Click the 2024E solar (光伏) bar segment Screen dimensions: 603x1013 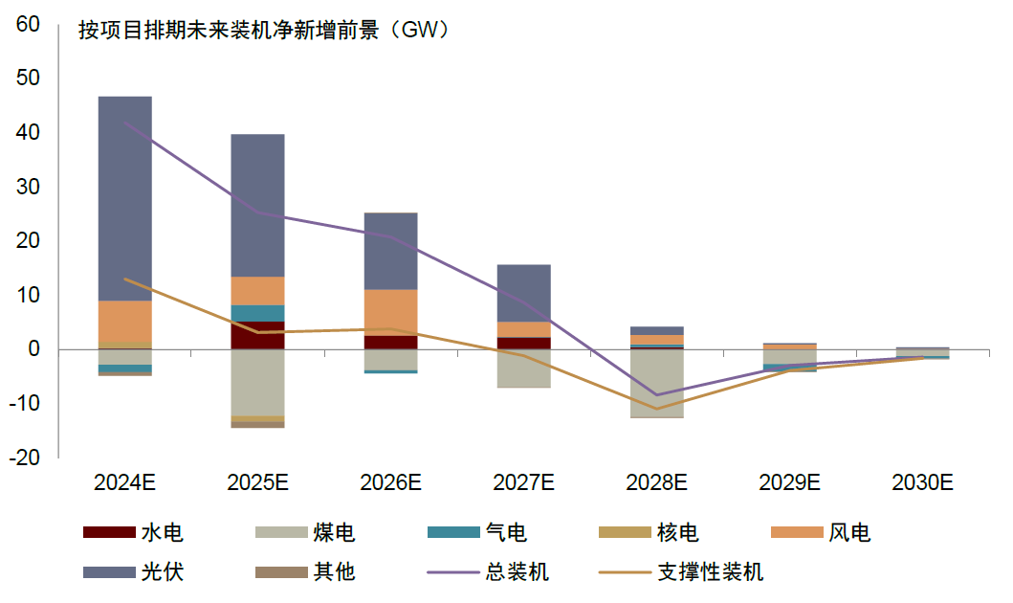pos(125,198)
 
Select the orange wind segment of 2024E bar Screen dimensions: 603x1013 pos(125,322)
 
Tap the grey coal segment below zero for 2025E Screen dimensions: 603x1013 pos(258,382)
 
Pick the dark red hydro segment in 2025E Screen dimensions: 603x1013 pos(258,335)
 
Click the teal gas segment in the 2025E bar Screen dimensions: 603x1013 pos(258,313)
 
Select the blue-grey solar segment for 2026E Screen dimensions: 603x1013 pos(391,251)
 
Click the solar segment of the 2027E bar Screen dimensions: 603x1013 pos(524,293)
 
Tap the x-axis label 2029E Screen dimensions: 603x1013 pos(789,482)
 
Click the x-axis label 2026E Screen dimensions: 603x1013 pos(391,482)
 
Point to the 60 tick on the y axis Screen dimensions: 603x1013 pos(28,24)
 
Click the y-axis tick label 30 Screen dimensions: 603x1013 pos(28,187)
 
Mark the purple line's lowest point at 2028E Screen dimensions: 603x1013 pos(656,394)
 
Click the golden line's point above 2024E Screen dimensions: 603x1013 pos(125,279)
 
